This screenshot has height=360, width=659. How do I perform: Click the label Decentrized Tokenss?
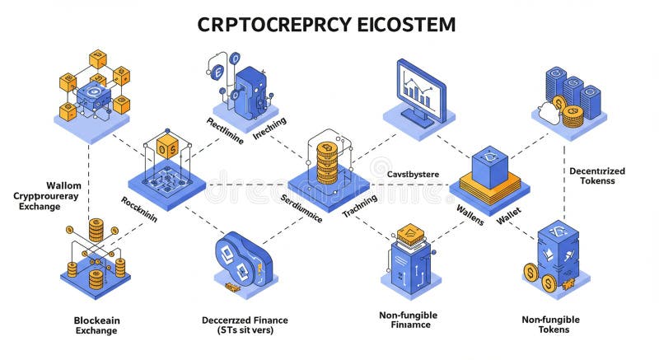[x=596, y=175]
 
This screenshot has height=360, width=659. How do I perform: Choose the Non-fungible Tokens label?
[x=550, y=324]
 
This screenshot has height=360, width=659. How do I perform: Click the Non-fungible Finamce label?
[x=408, y=320]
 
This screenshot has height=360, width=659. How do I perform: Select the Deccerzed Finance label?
[x=238, y=325]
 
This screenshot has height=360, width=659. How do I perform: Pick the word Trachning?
[x=359, y=205]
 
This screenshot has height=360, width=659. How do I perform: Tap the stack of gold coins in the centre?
[x=328, y=161]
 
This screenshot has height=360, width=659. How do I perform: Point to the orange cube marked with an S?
[x=167, y=147]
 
